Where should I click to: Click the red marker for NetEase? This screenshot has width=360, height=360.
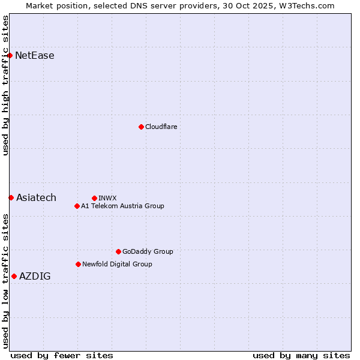coord(10,56)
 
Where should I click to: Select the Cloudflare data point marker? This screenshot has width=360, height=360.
coord(141,127)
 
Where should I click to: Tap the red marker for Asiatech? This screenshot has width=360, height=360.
coord(11,197)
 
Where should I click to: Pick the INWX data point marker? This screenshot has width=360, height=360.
coord(94,198)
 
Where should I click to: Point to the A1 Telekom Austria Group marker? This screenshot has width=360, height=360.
coord(77,206)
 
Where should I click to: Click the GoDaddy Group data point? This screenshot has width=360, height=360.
coord(118,251)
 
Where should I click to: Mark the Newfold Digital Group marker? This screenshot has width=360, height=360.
coord(78,264)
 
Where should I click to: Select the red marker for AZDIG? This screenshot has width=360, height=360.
coord(14,276)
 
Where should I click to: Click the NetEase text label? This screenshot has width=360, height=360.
coord(35,56)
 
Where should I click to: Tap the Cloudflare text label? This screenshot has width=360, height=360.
coord(161,127)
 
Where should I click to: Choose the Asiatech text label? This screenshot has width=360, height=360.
coord(36,197)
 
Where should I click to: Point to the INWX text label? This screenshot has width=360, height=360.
coord(107,198)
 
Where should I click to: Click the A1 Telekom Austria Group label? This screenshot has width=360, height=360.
coord(122,206)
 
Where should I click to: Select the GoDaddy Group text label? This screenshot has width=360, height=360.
coord(148,251)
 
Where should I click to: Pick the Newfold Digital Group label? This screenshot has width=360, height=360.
coord(117,264)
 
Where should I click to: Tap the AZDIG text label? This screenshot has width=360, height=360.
coord(35,276)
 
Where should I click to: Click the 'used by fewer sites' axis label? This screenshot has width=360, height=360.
coord(62,355)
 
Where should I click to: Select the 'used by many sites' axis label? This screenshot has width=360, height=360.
coord(301,355)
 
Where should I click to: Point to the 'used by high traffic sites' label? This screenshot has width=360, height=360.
coord(6,85)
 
